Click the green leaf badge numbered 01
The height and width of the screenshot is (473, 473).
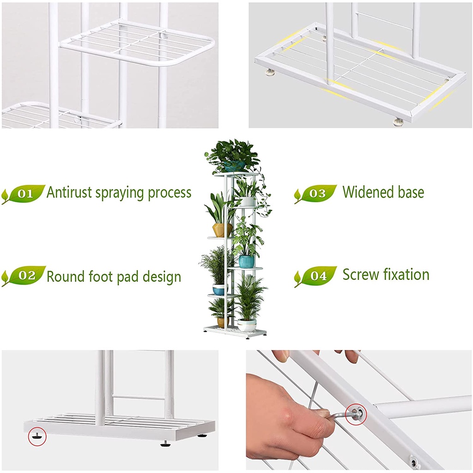[24, 194]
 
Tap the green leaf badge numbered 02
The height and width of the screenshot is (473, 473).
[24, 276]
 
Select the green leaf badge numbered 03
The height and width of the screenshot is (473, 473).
[315, 194]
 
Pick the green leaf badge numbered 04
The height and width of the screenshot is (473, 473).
[315, 276]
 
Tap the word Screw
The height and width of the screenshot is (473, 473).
[360, 275]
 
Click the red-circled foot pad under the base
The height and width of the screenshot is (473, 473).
[37, 435]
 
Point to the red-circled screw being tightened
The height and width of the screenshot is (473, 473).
[356, 413]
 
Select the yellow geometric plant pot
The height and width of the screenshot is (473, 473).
[223, 230]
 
